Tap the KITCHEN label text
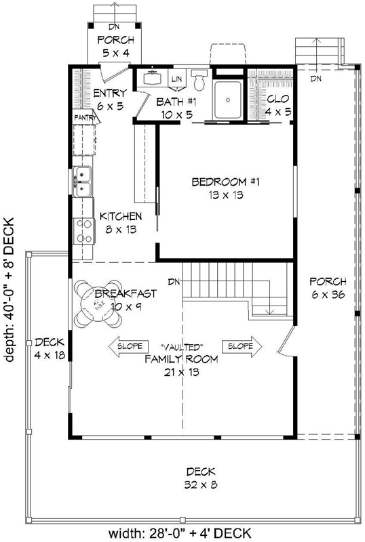pos(121,216)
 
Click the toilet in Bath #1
pos(198,81)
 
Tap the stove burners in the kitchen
pos(83,230)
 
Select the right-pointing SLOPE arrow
pos(242,346)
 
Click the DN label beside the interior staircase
pos(174,281)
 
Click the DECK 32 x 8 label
pos(199,478)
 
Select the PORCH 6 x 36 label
pos(328,287)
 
